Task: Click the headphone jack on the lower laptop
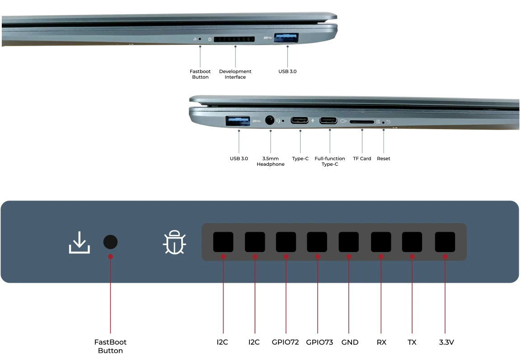[270, 121]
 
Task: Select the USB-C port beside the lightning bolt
[300, 121]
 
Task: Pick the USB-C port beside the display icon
[328, 121]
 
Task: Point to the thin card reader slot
[361, 122]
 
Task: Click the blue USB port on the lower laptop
[238, 120]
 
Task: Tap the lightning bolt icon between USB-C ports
[313, 121]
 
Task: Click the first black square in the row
[223, 242]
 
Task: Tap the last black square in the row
[445, 242]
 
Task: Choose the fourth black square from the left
[317, 242]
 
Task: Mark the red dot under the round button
[110, 257]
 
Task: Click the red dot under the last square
[446, 257]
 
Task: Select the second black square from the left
[255, 242]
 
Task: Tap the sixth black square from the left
[381, 242]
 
